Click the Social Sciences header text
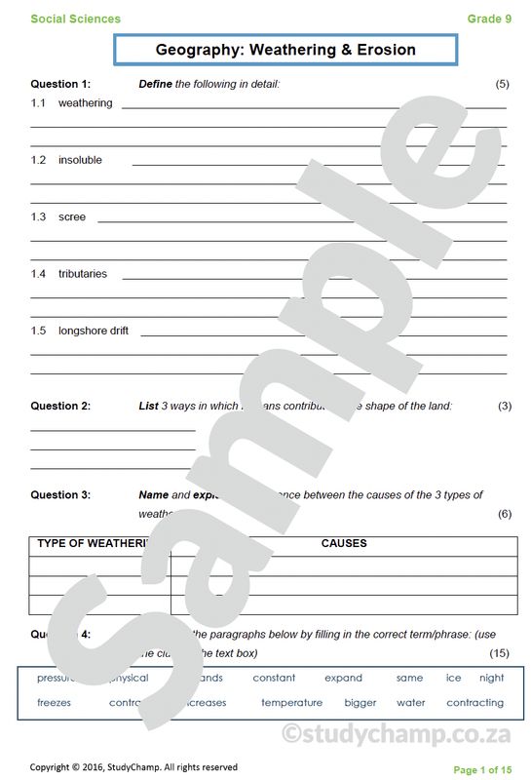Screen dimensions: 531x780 (x=76, y=19)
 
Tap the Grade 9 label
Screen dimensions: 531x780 (x=488, y=19)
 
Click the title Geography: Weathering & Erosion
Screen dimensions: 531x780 (x=285, y=50)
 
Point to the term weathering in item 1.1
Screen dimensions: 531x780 (x=85, y=102)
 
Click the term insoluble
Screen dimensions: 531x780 (x=80, y=160)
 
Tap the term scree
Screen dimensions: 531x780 (x=72, y=216)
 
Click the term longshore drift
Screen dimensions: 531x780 (x=94, y=331)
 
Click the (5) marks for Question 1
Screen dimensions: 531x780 (x=502, y=84)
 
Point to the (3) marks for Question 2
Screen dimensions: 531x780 (x=504, y=406)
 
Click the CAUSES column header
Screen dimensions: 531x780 (x=344, y=543)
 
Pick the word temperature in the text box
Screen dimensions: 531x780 (x=291, y=702)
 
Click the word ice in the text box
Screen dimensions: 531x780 (x=453, y=678)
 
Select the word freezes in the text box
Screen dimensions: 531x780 (x=54, y=702)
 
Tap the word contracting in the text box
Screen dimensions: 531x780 (x=475, y=702)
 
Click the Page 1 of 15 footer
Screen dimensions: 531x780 (x=482, y=769)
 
